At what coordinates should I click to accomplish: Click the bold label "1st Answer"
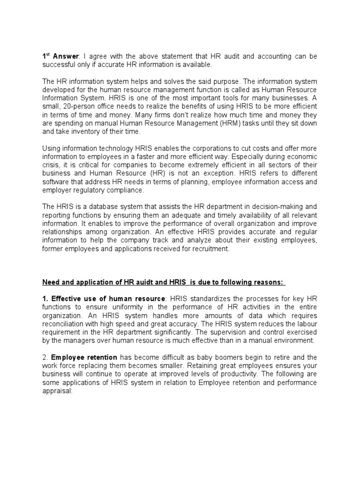click(x=57, y=56)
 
